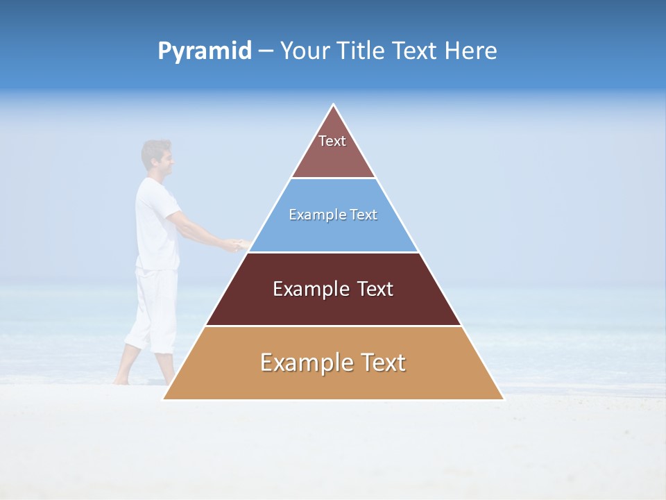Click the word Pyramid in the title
click(x=205, y=51)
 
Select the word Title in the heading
click(x=359, y=51)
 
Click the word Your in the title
click(x=305, y=51)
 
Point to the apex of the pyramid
click(x=333, y=106)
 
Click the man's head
click(x=156, y=156)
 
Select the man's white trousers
click(x=153, y=309)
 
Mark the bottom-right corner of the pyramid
click(x=503, y=399)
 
